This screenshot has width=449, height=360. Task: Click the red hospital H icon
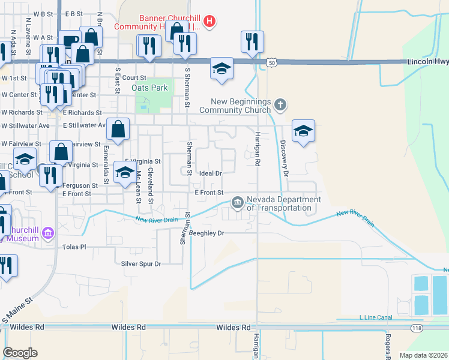coord(209,23)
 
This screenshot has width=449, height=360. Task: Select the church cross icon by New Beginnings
coord(279,106)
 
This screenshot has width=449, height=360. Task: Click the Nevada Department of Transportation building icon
coord(238,203)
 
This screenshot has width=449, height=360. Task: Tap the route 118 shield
coord(416,328)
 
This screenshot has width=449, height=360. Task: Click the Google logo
coord(20,353)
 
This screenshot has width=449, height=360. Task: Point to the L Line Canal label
coord(376,317)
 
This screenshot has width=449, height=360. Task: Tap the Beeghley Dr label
coord(206,233)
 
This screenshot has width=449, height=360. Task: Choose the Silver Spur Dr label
coord(142,263)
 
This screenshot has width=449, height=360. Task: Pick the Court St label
coord(134,77)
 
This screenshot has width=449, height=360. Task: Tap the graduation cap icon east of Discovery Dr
coord(303,131)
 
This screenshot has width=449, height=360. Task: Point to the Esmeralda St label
coord(106,163)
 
